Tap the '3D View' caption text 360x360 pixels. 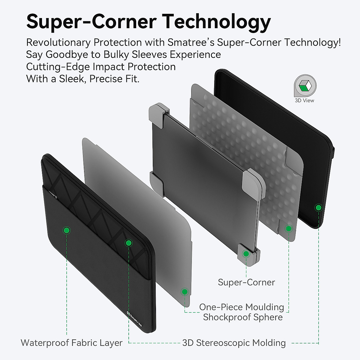click(304, 100)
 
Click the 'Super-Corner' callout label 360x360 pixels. click(246, 282)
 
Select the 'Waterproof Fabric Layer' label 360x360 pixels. click(71, 343)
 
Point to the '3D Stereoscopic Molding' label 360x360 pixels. click(234, 343)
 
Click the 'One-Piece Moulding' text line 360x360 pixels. click(241, 307)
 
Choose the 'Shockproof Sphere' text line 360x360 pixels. click(243, 317)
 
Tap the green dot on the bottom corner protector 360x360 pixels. click(246, 254)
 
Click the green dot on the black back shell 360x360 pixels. click(318, 207)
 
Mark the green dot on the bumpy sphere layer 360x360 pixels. click(289, 229)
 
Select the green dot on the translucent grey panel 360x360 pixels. click(184, 292)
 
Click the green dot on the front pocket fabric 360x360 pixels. click(67, 230)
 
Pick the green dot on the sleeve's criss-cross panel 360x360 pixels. click(128, 243)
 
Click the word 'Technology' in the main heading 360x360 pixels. click(217, 22)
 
